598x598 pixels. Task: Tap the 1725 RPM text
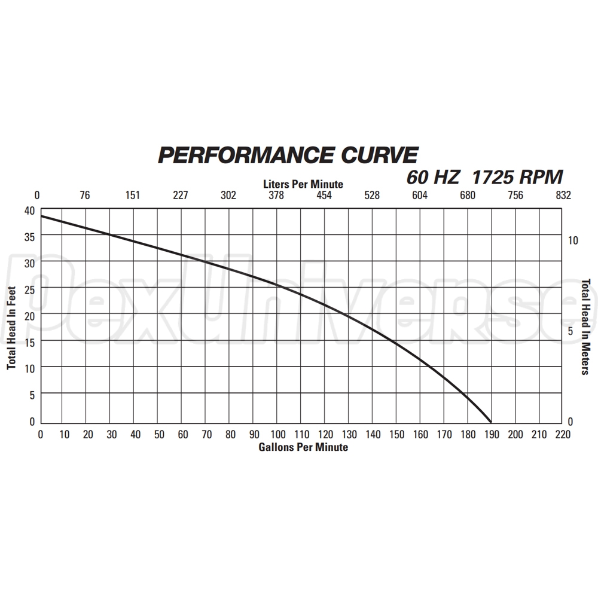(x=518, y=178)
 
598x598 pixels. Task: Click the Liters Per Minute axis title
(x=303, y=184)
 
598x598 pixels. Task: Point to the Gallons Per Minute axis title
(x=303, y=447)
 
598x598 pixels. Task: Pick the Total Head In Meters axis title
(x=587, y=327)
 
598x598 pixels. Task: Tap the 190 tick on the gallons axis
(x=492, y=434)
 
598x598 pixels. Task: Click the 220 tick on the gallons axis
(x=563, y=434)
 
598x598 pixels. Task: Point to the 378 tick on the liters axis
(x=276, y=195)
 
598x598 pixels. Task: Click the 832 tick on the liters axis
(x=563, y=195)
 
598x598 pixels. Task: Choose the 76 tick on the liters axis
(x=85, y=195)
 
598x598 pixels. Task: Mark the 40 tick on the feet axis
(x=29, y=210)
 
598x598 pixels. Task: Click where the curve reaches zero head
(x=491, y=422)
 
